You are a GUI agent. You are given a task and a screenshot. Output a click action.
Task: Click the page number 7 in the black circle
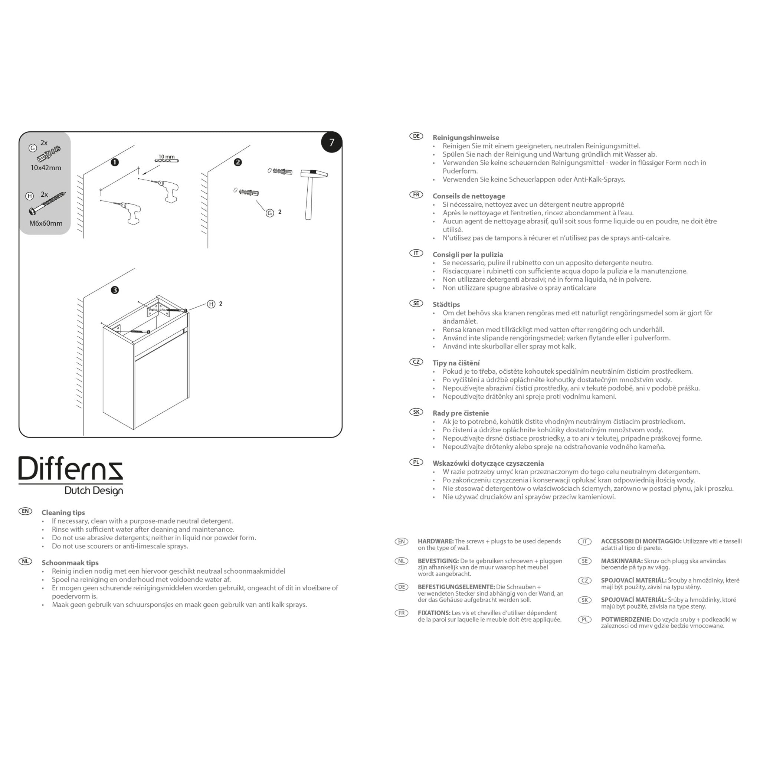[332, 142]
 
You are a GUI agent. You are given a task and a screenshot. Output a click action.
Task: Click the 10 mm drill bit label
[166, 157]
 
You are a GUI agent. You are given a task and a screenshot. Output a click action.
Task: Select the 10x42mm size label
[46, 168]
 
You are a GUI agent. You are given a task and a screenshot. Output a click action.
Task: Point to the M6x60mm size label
[46, 223]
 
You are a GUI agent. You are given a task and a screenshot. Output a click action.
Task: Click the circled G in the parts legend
[33, 148]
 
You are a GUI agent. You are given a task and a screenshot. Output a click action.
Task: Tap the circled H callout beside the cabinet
[211, 304]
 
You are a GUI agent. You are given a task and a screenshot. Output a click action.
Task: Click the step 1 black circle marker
[114, 163]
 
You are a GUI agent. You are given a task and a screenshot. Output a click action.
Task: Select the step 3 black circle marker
[114, 290]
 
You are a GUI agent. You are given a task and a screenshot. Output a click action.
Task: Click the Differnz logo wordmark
[71, 469]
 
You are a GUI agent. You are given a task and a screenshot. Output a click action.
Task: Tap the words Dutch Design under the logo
[94, 491]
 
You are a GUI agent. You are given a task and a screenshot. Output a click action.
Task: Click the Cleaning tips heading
[63, 512]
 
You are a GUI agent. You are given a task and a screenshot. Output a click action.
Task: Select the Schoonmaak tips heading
[70, 563]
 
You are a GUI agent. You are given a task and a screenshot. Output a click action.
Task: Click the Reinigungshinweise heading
[466, 138]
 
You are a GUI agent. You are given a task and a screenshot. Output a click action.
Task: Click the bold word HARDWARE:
[435, 541]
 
